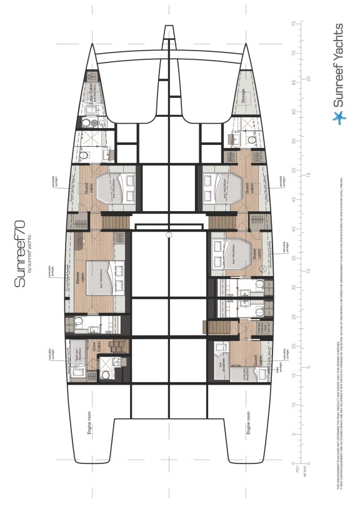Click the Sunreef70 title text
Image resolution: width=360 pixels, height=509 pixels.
click(21, 257)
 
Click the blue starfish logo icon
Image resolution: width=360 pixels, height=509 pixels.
click(338, 117)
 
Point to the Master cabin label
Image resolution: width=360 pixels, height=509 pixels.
click(79, 275)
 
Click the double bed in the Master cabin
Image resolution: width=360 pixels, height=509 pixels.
click(103, 277)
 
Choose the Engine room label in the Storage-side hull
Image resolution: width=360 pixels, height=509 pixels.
click(249, 423)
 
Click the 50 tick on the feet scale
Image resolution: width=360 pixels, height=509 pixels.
click(293, 170)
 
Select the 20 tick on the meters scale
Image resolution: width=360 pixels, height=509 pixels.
click(308, 79)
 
